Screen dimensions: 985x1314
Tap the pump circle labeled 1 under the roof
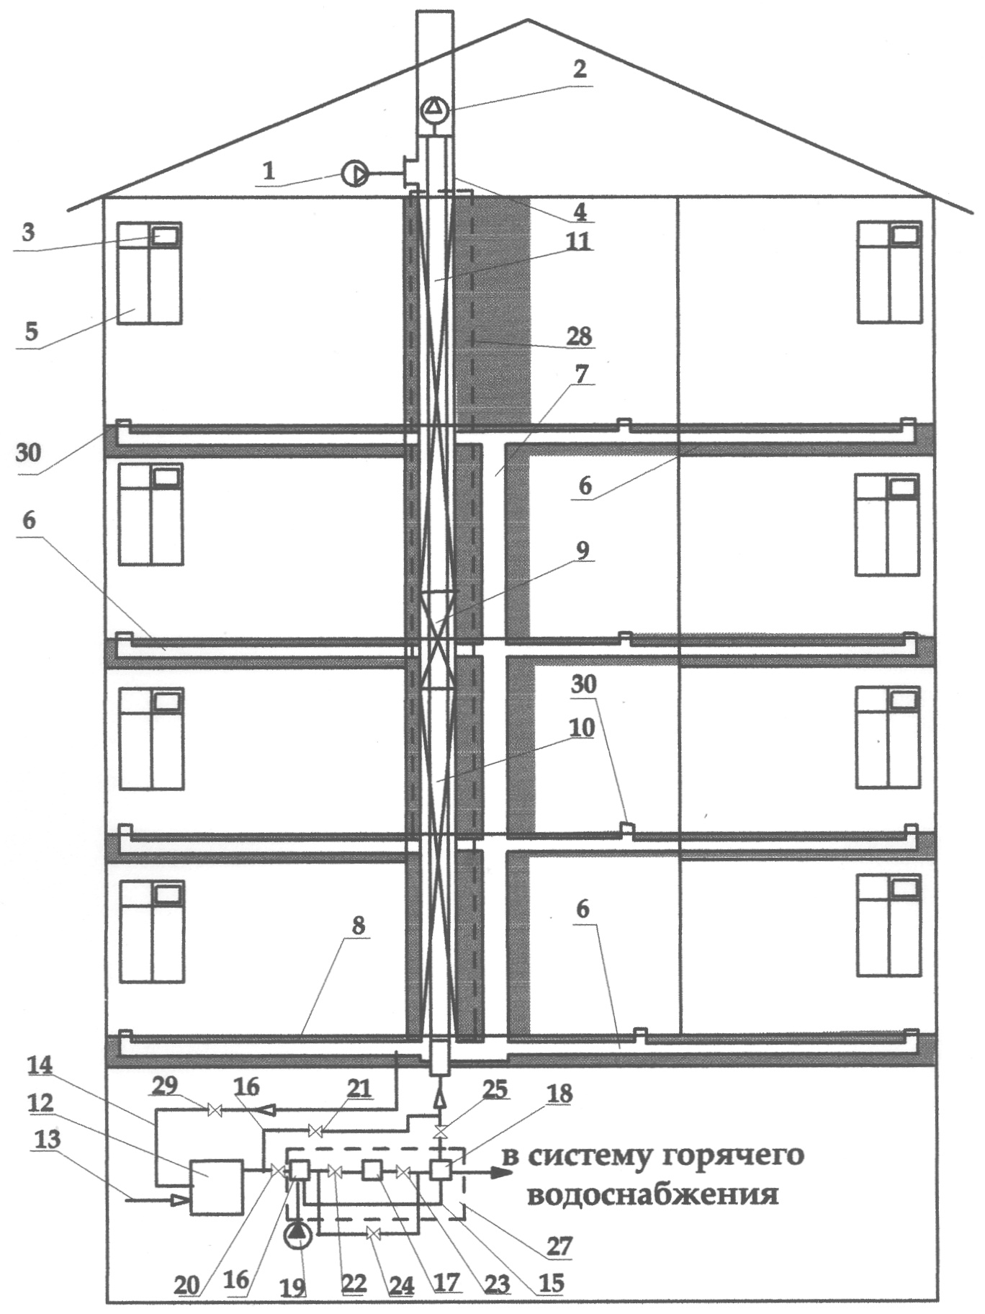click(x=354, y=174)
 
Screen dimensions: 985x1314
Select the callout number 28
click(x=579, y=336)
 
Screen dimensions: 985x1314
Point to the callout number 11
click(x=578, y=240)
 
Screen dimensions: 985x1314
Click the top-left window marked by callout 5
click(x=149, y=272)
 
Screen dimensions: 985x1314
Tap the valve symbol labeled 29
click(x=214, y=1110)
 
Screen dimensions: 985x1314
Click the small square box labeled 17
click(x=372, y=1171)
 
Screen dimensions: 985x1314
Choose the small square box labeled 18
click(x=440, y=1171)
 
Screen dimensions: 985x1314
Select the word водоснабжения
click(x=653, y=1196)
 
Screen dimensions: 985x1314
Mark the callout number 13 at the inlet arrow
click(x=46, y=1139)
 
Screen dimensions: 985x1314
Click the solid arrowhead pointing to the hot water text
click(x=501, y=1171)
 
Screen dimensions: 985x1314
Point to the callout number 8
click(x=358, y=926)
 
